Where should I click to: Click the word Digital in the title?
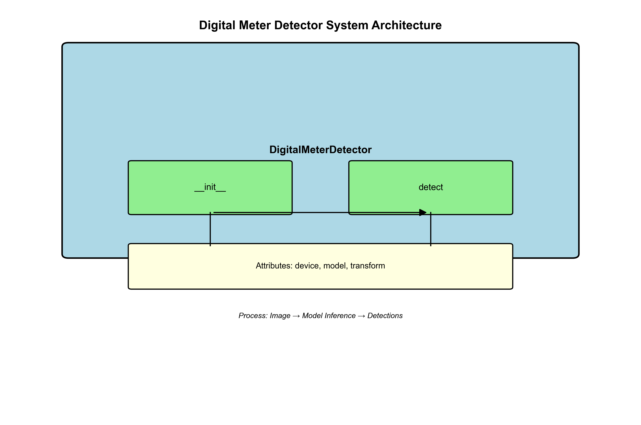(217, 25)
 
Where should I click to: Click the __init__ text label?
(210, 187)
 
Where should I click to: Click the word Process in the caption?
(253, 316)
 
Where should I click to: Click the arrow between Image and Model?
(296, 316)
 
